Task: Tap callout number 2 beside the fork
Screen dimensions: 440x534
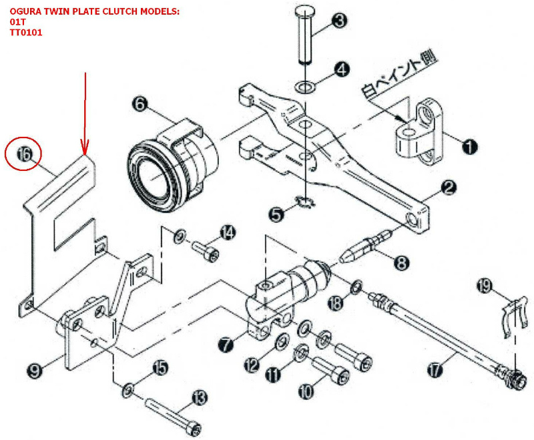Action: point(449,189)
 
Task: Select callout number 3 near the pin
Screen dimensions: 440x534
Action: point(340,21)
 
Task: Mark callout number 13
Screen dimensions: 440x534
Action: point(200,398)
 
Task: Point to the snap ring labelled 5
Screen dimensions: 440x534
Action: point(306,203)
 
